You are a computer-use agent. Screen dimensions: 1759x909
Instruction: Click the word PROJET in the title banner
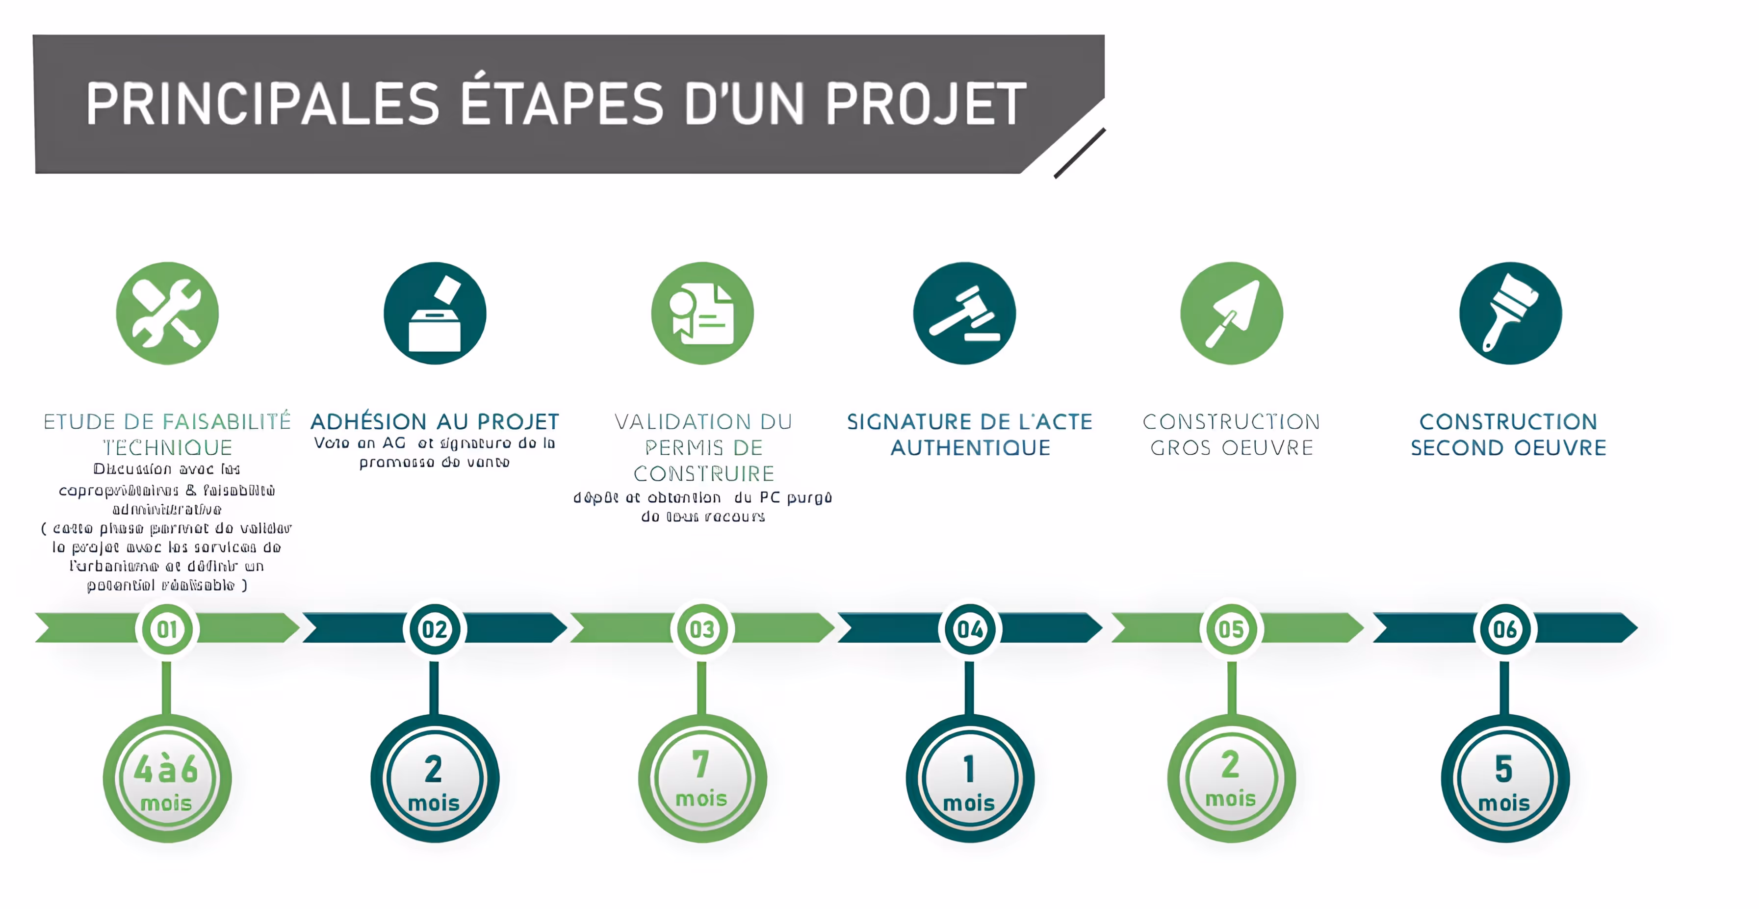925,104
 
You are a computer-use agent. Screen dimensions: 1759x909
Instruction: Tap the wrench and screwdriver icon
167,313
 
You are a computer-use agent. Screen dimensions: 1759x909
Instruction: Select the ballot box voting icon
435,313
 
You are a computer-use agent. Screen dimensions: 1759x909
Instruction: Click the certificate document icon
702,313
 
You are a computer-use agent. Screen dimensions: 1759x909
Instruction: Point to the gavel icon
964,313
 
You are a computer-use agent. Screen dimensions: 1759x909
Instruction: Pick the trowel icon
1231,313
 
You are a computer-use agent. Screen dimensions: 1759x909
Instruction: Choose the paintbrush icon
1510,313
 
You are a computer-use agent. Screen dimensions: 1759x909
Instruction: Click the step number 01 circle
167,629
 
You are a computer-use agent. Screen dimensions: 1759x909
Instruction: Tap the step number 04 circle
970,629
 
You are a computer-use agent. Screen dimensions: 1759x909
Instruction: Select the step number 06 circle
1504,629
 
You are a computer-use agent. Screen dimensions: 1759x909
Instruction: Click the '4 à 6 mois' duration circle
167,779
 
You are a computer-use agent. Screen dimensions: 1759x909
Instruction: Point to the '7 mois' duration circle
702,779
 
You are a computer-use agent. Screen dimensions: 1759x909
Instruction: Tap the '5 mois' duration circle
1504,779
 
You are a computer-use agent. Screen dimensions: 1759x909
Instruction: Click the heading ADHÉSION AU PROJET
435,421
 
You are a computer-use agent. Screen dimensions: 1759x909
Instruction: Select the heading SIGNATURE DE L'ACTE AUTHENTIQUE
970,434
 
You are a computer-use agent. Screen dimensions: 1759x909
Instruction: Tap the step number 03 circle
702,629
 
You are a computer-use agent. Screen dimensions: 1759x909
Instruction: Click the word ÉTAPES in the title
561,104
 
